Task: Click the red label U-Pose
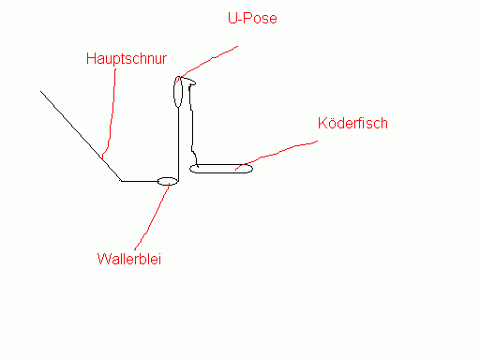tap(252, 18)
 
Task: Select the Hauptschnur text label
tap(127, 58)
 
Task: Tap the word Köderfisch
tap(352, 123)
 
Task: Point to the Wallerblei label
tap(129, 259)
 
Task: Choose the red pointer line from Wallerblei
tap(152, 217)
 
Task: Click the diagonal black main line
tap(81, 136)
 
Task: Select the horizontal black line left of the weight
tap(140, 181)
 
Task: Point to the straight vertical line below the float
tap(178, 144)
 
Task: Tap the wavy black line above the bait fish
tap(192, 125)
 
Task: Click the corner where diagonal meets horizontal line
tap(122, 181)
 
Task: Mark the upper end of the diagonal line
tap(40, 91)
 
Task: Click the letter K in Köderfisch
tap(322, 123)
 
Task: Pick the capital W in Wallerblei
tap(103, 259)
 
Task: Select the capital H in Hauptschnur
tap(91, 59)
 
